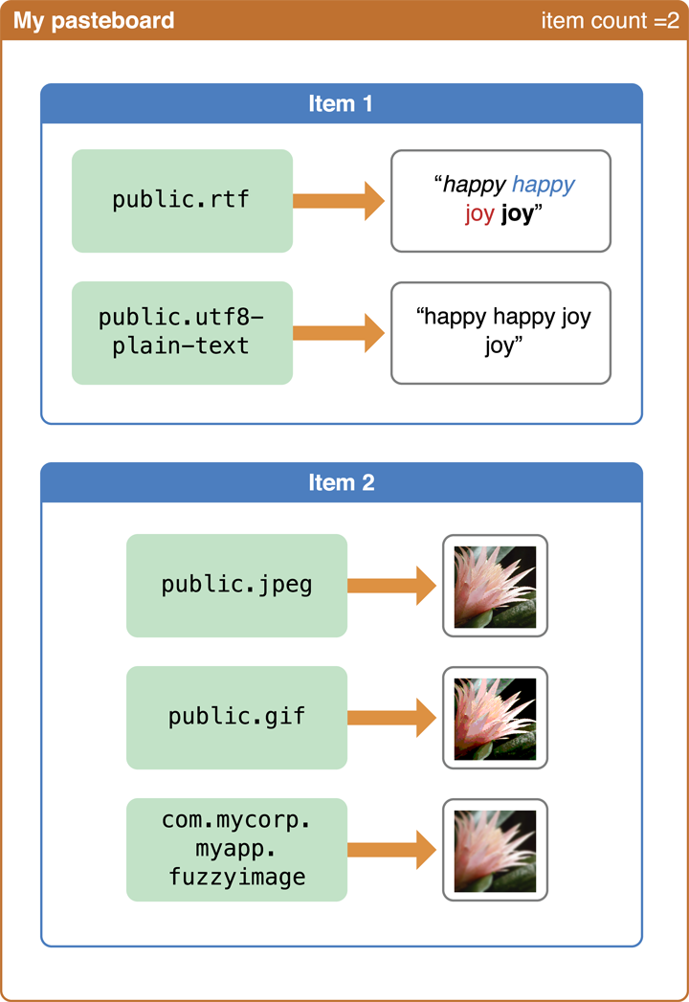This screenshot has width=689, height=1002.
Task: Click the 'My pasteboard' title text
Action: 94,20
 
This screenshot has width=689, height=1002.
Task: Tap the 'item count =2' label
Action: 610,20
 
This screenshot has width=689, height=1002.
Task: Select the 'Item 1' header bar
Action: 341,103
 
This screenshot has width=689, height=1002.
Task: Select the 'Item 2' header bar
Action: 341,482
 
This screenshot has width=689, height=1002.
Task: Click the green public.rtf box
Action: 182,201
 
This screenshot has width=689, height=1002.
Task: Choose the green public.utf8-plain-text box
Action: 182,333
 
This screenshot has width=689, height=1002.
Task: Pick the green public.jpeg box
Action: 236,586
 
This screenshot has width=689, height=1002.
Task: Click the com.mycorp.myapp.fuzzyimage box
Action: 236,850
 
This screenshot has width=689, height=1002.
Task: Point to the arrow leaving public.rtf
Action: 339,201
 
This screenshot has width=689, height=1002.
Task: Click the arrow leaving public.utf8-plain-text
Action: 339,333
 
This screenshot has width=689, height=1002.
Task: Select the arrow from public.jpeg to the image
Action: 391,586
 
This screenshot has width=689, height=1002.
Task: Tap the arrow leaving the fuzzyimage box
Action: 391,850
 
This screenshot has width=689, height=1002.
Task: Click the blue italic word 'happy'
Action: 544,186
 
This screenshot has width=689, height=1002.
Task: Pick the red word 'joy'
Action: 479,213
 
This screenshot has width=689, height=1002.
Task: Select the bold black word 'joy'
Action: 517,213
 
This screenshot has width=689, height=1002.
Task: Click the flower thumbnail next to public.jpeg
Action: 495,586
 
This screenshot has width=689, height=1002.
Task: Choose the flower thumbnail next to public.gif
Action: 495,718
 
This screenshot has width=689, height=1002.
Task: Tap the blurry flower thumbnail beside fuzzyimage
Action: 495,850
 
